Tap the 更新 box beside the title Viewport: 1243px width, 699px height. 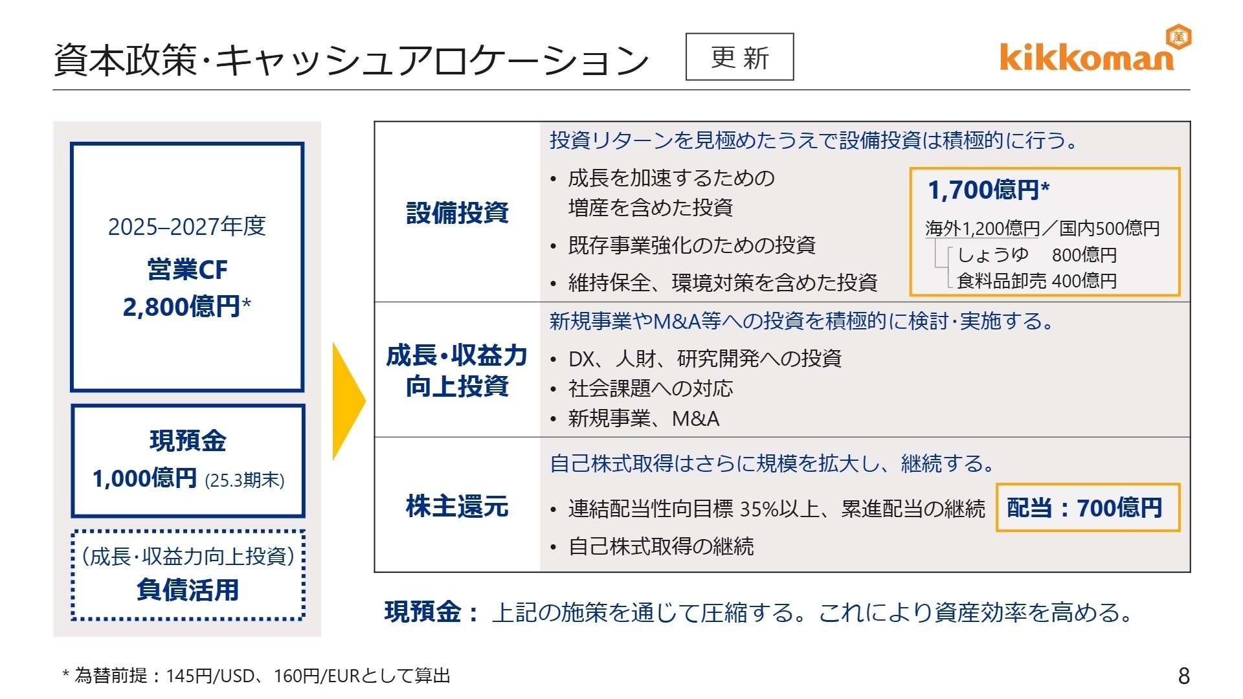739,57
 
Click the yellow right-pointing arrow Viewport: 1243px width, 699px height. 348,401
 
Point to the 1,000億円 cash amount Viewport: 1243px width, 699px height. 144,479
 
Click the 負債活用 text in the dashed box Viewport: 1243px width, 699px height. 188,590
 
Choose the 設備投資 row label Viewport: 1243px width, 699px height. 457,212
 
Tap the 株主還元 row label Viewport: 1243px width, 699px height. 457,506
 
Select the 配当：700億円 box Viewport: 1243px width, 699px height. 1087,508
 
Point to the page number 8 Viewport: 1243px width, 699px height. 1183,676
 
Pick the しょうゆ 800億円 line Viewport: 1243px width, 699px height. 1036,255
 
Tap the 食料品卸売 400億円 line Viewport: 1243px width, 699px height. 1036,281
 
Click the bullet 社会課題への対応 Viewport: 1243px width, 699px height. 650,388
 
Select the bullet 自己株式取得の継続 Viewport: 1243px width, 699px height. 660,547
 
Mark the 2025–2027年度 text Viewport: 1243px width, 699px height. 186,227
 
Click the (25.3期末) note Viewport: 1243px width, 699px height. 245,480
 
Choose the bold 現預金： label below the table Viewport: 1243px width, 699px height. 431,612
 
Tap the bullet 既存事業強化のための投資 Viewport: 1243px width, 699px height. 691,245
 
